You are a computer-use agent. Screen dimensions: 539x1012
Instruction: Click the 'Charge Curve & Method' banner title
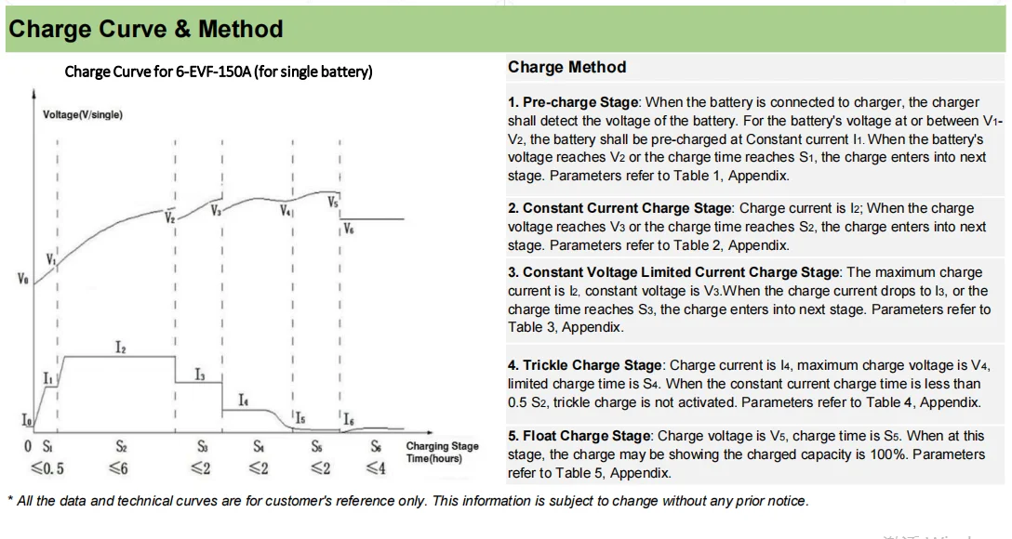pos(146,29)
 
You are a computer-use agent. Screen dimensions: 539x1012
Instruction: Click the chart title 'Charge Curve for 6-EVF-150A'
pos(219,72)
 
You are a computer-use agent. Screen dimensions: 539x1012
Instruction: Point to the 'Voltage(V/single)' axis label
pos(83,114)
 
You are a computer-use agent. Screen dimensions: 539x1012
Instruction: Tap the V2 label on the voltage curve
pos(169,218)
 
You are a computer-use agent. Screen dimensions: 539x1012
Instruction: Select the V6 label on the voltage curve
pos(348,227)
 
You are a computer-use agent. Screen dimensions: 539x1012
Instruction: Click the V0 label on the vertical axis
pos(22,278)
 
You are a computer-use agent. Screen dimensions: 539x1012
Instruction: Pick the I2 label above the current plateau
pos(121,347)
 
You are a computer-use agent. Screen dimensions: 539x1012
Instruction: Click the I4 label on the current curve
pos(243,400)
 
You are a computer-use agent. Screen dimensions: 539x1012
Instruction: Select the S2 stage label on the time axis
pos(121,447)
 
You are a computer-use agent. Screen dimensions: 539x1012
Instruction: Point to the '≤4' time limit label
pos(375,467)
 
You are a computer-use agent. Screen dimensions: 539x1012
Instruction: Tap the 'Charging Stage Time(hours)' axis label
pos(442,453)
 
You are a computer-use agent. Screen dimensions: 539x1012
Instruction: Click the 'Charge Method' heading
pos(566,67)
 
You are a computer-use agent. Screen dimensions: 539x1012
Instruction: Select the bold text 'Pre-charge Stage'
pos(580,102)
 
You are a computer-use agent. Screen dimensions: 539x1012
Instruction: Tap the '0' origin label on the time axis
pos(28,447)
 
